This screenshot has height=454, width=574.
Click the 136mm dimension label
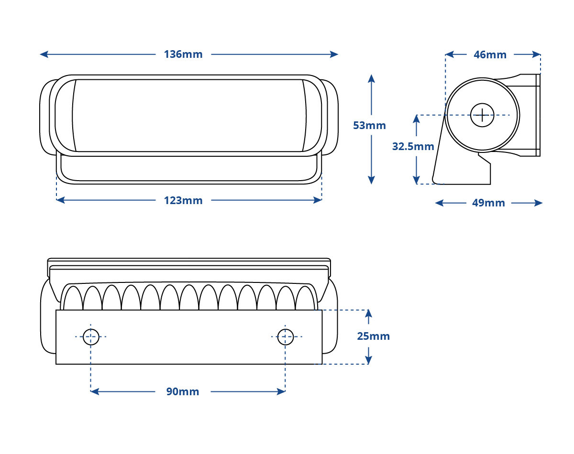click(183, 54)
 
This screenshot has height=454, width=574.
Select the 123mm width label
click(183, 200)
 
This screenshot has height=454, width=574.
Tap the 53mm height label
click(369, 125)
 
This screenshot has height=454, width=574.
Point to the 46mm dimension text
click(490, 54)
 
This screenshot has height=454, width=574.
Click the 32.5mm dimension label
click(413, 146)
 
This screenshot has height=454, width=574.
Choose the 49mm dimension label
click(488, 203)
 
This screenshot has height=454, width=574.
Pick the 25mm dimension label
click(374, 336)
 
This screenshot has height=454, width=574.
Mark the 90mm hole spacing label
click(183, 391)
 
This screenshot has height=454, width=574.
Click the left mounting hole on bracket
click(91, 337)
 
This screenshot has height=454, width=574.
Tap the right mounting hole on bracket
click(286, 337)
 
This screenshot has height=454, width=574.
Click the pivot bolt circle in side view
click(482, 115)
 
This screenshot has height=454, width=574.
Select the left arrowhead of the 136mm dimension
click(44, 54)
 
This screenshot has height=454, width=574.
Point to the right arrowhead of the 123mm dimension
click(318, 200)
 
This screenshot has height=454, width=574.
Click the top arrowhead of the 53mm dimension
click(371, 78)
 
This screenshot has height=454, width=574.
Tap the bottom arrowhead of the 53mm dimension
click(371, 180)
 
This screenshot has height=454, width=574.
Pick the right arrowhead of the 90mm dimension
click(281, 391)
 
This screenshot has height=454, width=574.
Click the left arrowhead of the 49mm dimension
click(439, 203)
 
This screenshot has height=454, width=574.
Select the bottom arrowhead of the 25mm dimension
click(368, 360)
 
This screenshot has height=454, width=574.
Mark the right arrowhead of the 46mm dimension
click(536, 54)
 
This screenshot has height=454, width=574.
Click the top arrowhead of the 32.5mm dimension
click(416, 119)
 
